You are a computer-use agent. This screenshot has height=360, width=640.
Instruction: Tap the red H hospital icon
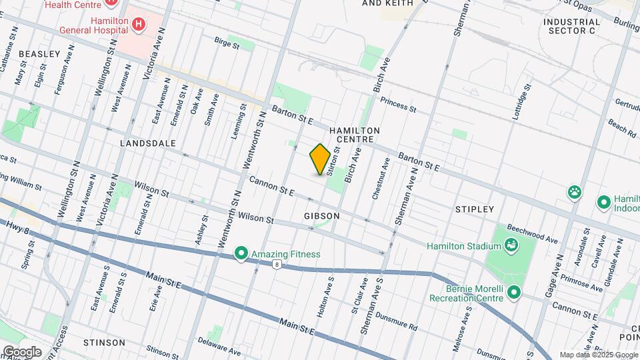tap(138, 25)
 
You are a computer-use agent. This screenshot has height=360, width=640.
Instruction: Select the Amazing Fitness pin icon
tap(241, 253)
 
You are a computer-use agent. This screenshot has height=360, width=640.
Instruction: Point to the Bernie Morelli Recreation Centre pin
tap(514, 293)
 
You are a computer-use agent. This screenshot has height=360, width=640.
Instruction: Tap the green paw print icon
tap(574, 193)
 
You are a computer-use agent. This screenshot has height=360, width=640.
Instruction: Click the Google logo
tap(21, 351)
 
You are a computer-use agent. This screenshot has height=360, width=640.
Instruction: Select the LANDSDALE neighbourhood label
tap(148, 143)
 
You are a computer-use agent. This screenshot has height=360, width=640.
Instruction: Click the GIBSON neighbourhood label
tap(322, 216)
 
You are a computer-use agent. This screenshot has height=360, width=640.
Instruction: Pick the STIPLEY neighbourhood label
tap(475, 209)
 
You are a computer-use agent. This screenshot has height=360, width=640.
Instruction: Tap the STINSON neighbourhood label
tap(105, 342)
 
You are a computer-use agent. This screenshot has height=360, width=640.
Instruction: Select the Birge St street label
tap(227, 44)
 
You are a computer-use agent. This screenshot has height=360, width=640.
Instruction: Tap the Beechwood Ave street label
tap(532, 233)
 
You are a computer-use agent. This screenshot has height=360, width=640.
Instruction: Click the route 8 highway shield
tap(275, 265)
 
